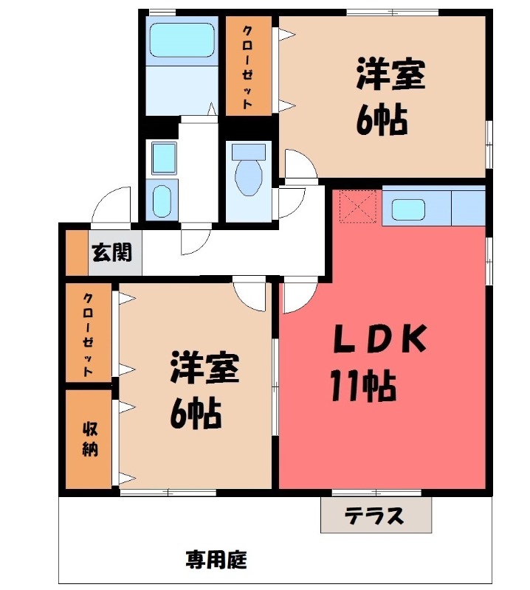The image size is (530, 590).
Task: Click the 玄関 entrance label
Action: (x=111, y=253)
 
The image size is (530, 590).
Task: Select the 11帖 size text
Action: (x=363, y=386)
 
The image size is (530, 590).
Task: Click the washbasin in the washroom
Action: (x=162, y=157)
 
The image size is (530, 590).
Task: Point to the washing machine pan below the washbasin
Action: (x=162, y=200)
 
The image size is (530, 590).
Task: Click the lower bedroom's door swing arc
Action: (x=251, y=295)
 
